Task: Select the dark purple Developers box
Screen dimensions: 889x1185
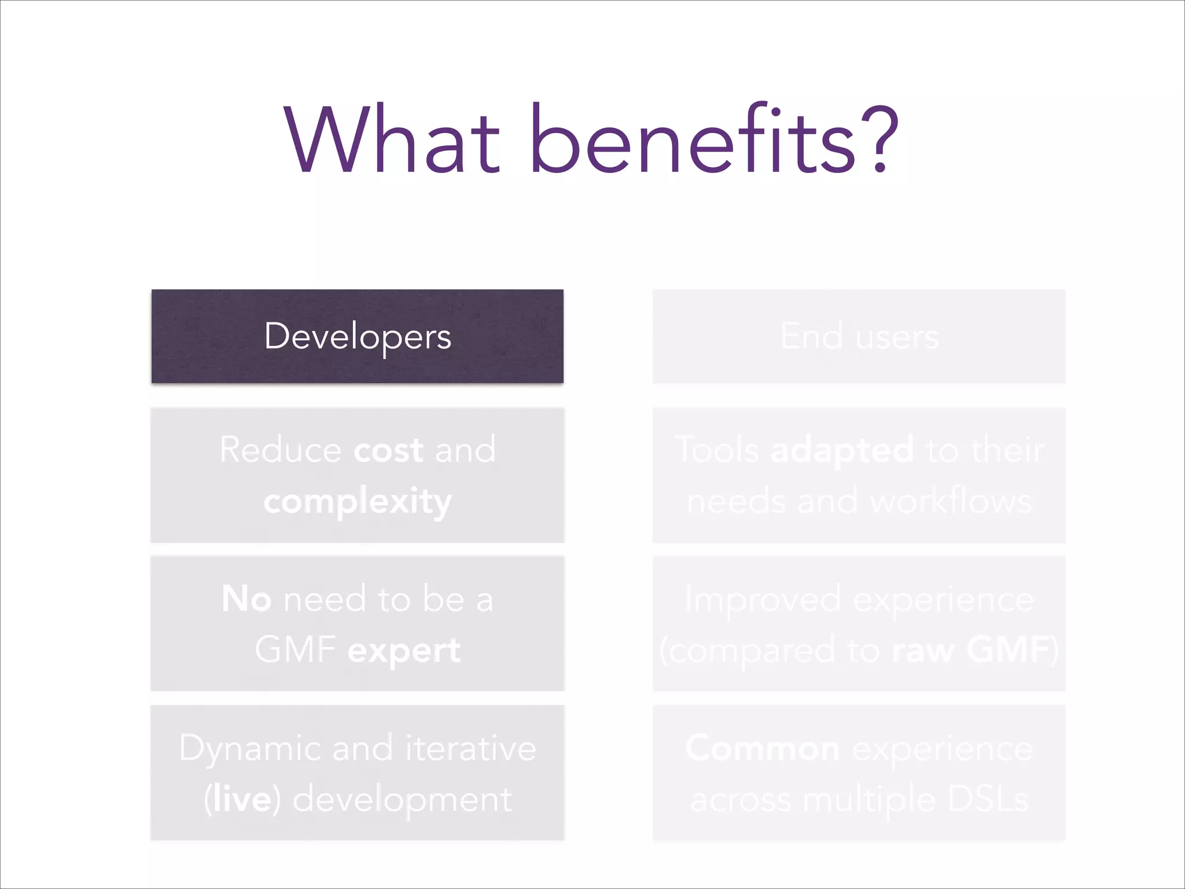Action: tap(358, 336)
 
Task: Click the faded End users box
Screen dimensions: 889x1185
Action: tap(859, 336)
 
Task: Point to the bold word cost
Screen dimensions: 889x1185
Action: tap(388, 450)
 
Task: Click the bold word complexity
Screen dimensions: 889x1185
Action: tap(358, 501)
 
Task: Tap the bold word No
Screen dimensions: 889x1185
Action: tap(246, 598)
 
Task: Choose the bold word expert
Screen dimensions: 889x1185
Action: tap(404, 651)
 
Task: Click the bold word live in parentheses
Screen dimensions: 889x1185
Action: tap(242, 800)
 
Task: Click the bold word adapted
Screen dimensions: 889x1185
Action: tap(842, 451)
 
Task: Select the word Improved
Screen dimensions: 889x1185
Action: tap(763, 600)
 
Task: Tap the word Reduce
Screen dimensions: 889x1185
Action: tap(280, 450)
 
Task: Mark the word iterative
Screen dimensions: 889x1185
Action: tap(470, 748)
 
